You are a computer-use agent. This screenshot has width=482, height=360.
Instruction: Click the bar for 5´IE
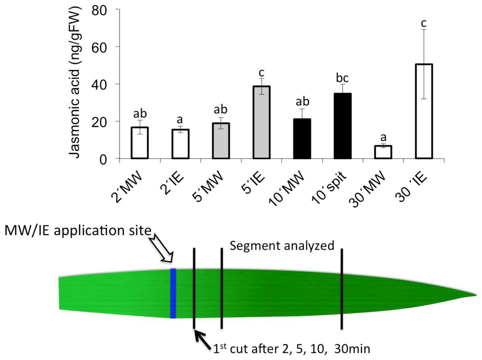tap(261, 122)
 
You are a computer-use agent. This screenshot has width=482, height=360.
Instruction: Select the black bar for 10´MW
tap(302, 139)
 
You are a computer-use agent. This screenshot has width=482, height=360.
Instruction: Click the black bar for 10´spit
tap(342, 126)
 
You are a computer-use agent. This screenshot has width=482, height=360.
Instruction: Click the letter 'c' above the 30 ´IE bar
tap(423, 22)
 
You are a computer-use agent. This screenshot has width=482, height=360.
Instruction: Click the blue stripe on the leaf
tap(173, 293)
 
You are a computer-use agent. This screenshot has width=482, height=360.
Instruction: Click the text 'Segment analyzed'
tap(281, 245)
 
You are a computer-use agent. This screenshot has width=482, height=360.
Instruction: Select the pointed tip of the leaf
tap(473, 296)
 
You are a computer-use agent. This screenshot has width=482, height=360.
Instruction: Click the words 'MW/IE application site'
tap(78, 231)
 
